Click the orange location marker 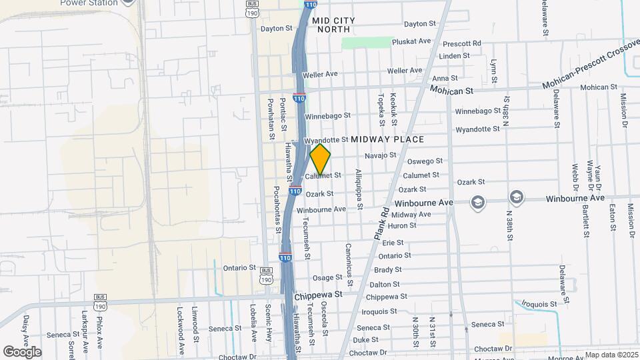[x=320, y=160]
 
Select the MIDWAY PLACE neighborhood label [x=387, y=139]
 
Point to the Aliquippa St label [x=358, y=189]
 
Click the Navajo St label [x=380, y=155]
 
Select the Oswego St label [x=425, y=161]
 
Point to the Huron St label [x=403, y=225]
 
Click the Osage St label [x=327, y=277]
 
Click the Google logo [x=22, y=351]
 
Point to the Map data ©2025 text [x=611, y=355]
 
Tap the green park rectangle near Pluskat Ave [x=365, y=43]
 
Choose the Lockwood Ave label [x=180, y=330]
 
